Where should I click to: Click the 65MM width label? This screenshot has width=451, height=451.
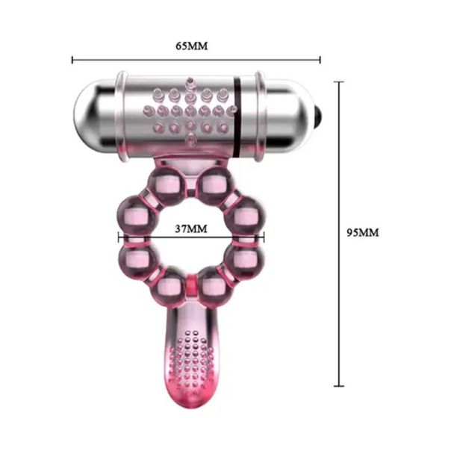pos(192,46)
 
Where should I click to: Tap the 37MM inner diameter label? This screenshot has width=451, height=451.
pos(191,228)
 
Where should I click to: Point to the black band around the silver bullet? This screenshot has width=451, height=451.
pos(237,114)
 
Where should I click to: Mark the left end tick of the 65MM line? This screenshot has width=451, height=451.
pos(72,60)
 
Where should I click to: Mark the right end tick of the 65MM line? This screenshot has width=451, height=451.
pos(320,60)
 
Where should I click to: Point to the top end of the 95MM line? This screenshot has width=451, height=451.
pos(339,81)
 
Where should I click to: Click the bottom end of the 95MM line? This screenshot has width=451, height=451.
pos(339,386)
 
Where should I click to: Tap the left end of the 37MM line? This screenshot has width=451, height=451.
pos(118,239)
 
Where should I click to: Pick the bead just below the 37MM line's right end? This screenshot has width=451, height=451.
pos(246,261)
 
